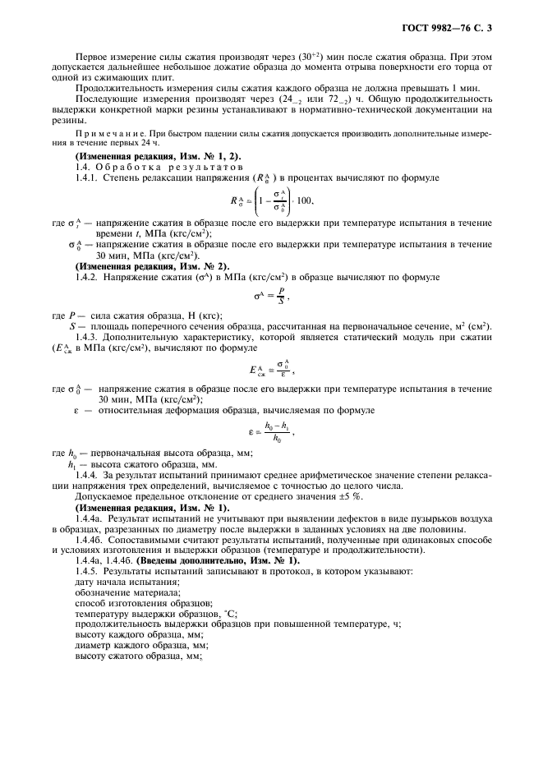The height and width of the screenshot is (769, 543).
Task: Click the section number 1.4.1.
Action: [x=89, y=178]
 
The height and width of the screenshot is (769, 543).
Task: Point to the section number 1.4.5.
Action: [x=89, y=570]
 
